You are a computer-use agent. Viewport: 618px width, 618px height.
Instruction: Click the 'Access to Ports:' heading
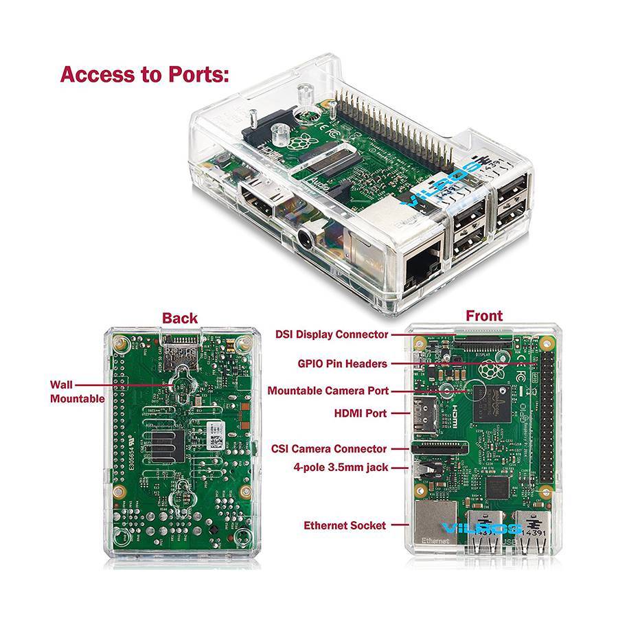(x=144, y=74)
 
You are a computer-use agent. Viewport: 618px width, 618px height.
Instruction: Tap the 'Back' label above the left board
(x=180, y=318)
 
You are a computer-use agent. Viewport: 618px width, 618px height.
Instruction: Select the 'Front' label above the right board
(x=484, y=316)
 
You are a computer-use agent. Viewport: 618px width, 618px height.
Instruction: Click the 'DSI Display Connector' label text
(x=332, y=334)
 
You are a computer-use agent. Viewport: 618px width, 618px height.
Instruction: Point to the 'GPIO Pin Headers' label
(x=342, y=363)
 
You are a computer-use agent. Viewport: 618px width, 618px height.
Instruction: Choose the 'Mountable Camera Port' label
(x=328, y=391)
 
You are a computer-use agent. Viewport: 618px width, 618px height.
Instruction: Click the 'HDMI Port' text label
(x=359, y=413)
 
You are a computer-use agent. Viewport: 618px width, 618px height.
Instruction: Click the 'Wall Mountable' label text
(x=77, y=391)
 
